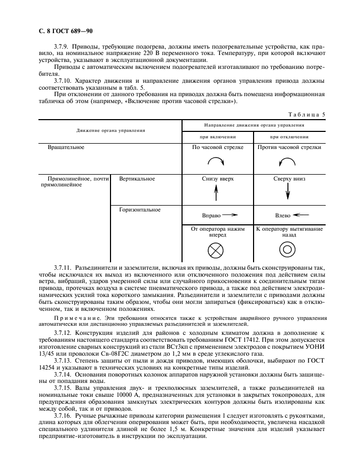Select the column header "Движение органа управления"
pyautogui.click(x=111, y=130)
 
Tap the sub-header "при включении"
pyautogui.click(x=218, y=136)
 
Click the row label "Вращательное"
pyautogui.click(x=66, y=146)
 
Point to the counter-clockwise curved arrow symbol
pyautogui.click(x=287, y=162)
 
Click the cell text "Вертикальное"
pyautogui.click(x=137, y=179)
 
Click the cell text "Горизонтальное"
pyautogui.click(x=140, y=210)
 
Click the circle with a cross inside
pyautogui.click(x=217, y=249)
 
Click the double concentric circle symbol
pyautogui.click(x=287, y=249)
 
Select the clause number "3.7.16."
pyautogui.click(x=64, y=414)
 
